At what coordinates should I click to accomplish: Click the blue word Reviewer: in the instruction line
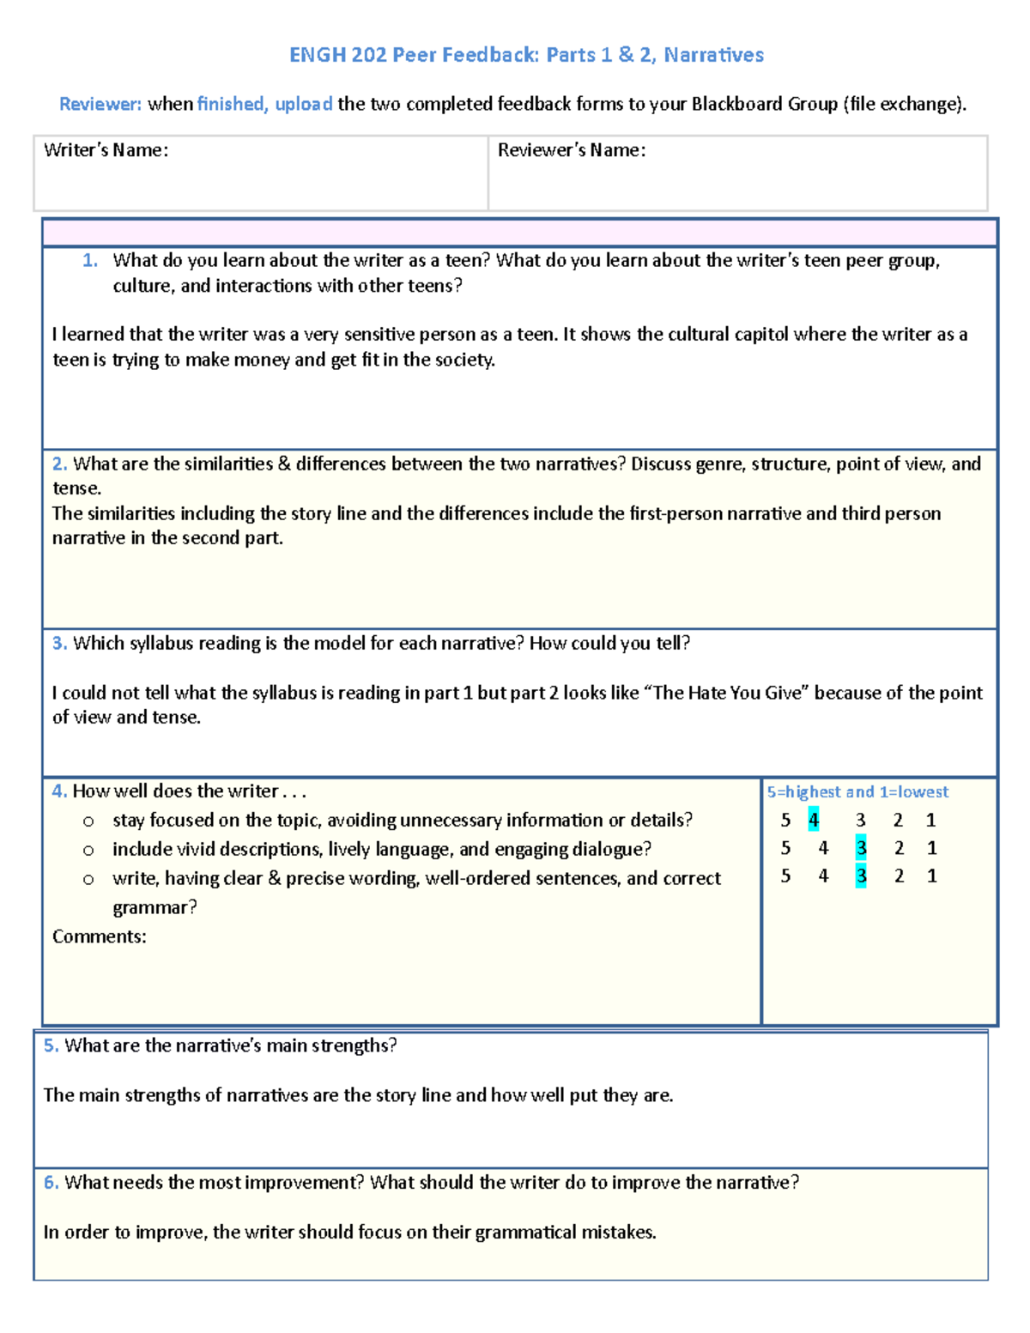point(100,105)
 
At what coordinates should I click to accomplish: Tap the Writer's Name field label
point(106,150)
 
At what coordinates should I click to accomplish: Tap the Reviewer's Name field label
point(571,150)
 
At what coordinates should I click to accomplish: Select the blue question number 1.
point(90,261)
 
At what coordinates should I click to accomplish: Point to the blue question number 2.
point(59,464)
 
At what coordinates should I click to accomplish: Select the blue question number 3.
point(59,644)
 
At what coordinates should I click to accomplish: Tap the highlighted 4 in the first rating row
point(814,821)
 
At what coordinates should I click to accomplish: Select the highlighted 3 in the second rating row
point(861,849)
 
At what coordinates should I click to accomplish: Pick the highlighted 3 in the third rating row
point(861,876)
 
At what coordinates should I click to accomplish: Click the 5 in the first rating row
point(785,821)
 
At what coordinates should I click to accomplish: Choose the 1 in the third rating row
point(931,876)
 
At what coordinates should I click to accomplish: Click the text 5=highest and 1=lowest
point(857,792)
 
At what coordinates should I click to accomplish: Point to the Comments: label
point(99,937)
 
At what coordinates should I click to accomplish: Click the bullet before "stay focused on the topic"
point(88,821)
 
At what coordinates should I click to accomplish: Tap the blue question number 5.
point(51,1045)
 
